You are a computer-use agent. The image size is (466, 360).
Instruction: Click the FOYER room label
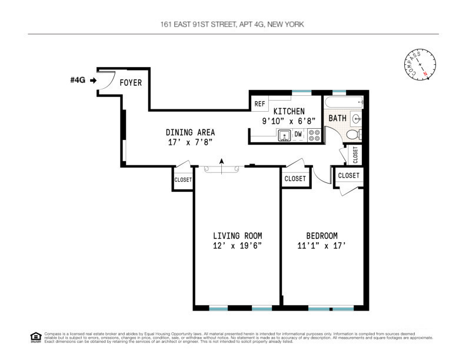(131, 83)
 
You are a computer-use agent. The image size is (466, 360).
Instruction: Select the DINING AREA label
(190, 132)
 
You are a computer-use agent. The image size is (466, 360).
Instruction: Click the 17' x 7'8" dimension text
(189, 142)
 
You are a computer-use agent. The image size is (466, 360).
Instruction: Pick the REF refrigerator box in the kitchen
(259, 104)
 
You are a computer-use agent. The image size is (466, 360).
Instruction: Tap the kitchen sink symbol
(285, 135)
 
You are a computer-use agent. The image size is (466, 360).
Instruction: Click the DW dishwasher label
(298, 135)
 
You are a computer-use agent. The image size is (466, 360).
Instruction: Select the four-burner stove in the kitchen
(314, 135)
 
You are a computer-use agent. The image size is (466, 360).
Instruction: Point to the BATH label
(337, 118)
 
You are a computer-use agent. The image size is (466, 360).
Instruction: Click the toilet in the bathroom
(352, 135)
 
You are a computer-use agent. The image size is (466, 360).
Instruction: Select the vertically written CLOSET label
(355, 155)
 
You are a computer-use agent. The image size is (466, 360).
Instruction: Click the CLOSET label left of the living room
(182, 180)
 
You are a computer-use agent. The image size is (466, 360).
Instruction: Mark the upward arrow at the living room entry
(221, 166)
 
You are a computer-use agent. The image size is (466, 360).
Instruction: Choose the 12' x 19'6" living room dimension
(237, 246)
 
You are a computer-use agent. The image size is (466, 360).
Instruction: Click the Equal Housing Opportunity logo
(35, 337)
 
